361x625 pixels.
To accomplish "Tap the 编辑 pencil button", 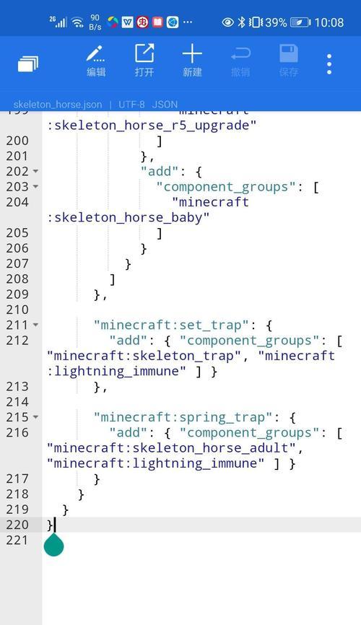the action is (96, 61).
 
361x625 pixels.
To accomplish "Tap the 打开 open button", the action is (144, 61).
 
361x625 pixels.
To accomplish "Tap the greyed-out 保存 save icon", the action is (288, 61).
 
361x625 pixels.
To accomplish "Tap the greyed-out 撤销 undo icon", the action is (240, 61).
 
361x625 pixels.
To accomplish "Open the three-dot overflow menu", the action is (329, 64).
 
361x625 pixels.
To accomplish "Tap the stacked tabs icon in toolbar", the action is (28, 64).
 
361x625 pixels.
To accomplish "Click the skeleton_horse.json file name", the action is (58, 105).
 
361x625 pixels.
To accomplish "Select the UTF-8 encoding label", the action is (131, 105).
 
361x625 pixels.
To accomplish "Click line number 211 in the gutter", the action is (17, 325).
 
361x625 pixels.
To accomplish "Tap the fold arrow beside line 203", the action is (35, 186).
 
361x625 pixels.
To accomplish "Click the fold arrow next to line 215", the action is (35, 417).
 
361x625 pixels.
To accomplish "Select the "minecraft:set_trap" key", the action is (172, 325).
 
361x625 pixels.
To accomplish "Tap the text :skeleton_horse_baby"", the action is (128, 218).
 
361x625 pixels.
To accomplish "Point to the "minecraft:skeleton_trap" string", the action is (144, 356).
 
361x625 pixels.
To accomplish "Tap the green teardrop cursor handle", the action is (54, 545).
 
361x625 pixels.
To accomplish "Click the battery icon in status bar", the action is (300, 22).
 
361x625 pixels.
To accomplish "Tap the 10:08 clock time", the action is (329, 22).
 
